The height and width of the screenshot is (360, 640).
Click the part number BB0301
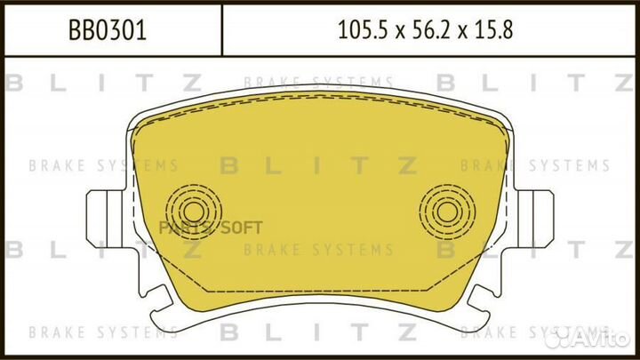tap(108, 30)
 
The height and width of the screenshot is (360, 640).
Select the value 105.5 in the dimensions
tap(362, 30)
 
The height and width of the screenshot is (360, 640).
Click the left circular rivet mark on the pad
tap(194, 212)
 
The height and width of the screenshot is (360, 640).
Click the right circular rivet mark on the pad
tap(447, 212)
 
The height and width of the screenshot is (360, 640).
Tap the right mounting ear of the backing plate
tap(533, 219)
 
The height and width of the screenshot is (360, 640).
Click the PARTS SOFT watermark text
tap(210, 228)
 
